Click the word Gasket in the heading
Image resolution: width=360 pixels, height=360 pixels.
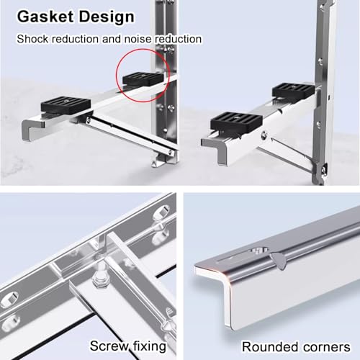45,17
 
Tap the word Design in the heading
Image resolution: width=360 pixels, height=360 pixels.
107,17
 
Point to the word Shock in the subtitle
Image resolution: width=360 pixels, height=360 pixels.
32,39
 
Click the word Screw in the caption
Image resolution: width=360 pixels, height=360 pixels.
109,346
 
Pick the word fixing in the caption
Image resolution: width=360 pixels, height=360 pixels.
150,346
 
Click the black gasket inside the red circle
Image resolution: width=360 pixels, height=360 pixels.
143,78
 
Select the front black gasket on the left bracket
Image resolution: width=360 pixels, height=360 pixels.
66,104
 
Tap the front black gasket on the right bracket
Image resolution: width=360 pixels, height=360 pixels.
236,122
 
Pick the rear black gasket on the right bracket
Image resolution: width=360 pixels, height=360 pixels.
293,90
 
